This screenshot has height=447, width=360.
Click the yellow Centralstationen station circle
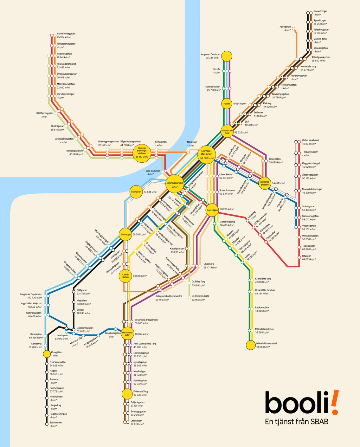206,154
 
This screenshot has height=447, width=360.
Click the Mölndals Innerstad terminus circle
250,345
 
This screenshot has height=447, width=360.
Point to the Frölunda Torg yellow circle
127,393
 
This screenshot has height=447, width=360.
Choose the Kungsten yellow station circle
47,354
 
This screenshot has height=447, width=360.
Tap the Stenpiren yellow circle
136,192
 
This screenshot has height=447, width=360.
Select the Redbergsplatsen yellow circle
265,183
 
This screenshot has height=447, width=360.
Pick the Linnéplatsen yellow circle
126,276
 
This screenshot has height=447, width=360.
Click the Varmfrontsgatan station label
66,34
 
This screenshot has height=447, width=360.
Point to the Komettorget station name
321,12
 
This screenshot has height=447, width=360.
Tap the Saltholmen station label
56,423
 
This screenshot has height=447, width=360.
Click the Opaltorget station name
136,421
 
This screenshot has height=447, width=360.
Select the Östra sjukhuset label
310,140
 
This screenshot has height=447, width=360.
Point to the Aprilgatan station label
285,27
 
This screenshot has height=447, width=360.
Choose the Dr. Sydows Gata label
200,296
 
